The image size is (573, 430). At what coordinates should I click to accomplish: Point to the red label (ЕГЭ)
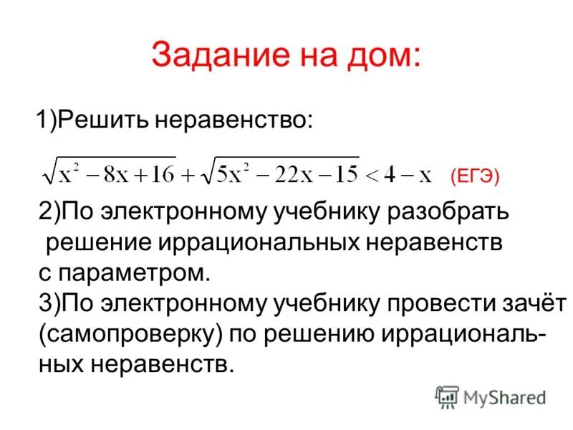[x=474, y=176]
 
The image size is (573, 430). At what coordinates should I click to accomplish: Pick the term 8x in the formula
[x=110, y=173]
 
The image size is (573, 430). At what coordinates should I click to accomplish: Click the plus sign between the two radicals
[x=189, y=174]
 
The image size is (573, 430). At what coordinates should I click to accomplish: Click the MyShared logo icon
[x=446, y=397]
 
